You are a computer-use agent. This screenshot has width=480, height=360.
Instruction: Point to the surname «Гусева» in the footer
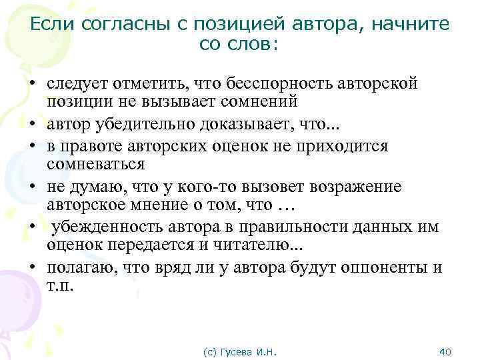pyautogui.click(x=240, y=351)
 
